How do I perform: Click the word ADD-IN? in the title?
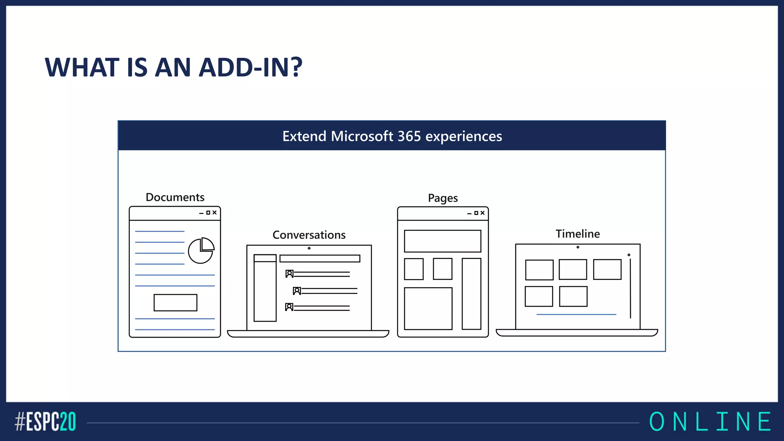coord(251,67)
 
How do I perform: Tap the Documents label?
coord(175,197)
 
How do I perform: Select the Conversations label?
coord(309,235)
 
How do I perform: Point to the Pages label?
coord(443,198)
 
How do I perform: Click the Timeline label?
coord(578,234)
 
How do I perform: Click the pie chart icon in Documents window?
coord(201,251)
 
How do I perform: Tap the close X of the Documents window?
coord(214,212)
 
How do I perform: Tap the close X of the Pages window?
coord(482,213)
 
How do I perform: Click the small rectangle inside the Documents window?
coord(175,302)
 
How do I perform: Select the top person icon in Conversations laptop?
coord(289,274)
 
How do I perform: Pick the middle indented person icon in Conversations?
coord(297,291)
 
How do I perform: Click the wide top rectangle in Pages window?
coord(443,241)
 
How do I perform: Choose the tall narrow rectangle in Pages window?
coord(471,294)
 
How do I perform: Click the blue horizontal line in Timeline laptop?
coord(576,314)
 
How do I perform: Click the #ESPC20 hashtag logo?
coord(46,422)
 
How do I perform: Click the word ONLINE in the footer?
coord(710,422)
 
